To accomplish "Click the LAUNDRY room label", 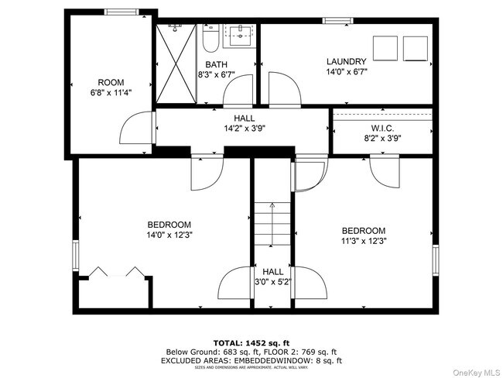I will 346,61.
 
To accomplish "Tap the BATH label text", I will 215,65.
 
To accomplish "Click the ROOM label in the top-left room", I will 111,82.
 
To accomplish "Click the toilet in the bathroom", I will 209,39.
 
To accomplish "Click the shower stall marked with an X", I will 177,63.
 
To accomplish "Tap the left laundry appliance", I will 385,48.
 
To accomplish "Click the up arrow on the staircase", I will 272,206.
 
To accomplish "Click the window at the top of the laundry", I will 334,20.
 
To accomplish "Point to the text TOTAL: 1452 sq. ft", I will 251,342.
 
